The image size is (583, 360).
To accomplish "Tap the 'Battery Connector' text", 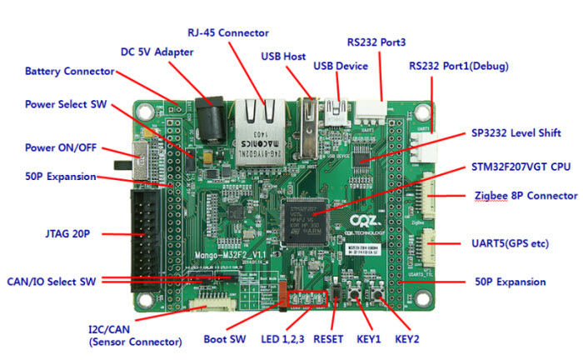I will click(69, 71).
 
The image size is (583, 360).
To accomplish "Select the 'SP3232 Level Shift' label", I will click(516, 132).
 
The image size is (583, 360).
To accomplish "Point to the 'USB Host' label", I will click(283, 56).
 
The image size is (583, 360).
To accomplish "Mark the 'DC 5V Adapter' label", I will click(157, 52).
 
